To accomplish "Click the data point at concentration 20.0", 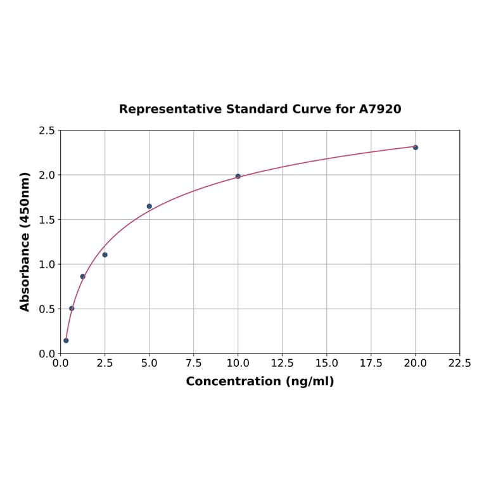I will [x=416, y=148].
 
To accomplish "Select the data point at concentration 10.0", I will [x=238, y=176].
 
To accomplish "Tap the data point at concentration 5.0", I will [x=150, y=207].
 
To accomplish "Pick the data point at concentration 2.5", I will [x=105, y=255].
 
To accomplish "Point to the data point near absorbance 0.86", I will [x=82, y=276].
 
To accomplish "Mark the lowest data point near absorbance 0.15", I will [x=66, y=341].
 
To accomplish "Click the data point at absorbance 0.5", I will [x=72, y=309].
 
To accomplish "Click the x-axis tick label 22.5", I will [x=459, y=364].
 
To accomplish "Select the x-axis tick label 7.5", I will [x=194, y=364].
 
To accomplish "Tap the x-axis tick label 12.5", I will [x=282, y=364].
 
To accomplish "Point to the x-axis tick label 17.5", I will [x=371, y=364].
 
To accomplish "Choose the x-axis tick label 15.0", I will [x=327, y=364].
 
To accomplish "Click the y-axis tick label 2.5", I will [x=47, y=131].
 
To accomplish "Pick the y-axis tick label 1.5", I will [x=47, y=220].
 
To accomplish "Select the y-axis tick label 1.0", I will [x=47, y=264].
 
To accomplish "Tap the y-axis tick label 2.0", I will [x=47, y=175].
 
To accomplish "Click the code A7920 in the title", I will [x=380, y=110].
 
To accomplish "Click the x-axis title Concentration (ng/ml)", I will [x=260, y=381].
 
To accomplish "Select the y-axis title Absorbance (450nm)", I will [x=25, y=241].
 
